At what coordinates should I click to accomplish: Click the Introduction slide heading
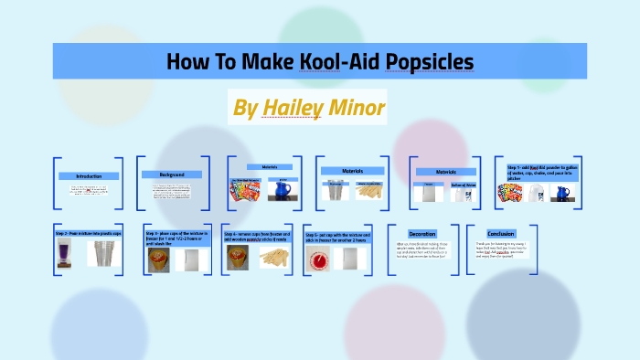pos(89,175)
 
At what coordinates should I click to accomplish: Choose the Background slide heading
pos(172,175)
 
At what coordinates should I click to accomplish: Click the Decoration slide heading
pos(422,233)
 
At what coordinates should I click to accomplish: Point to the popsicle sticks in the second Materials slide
pos(369,190)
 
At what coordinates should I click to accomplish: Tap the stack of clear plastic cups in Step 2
pos(103,253)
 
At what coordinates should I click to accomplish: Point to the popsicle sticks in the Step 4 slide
pos(275,258)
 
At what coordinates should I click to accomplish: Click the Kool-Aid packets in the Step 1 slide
pos(509,194)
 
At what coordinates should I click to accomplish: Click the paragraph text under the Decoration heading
pos(422,250)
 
